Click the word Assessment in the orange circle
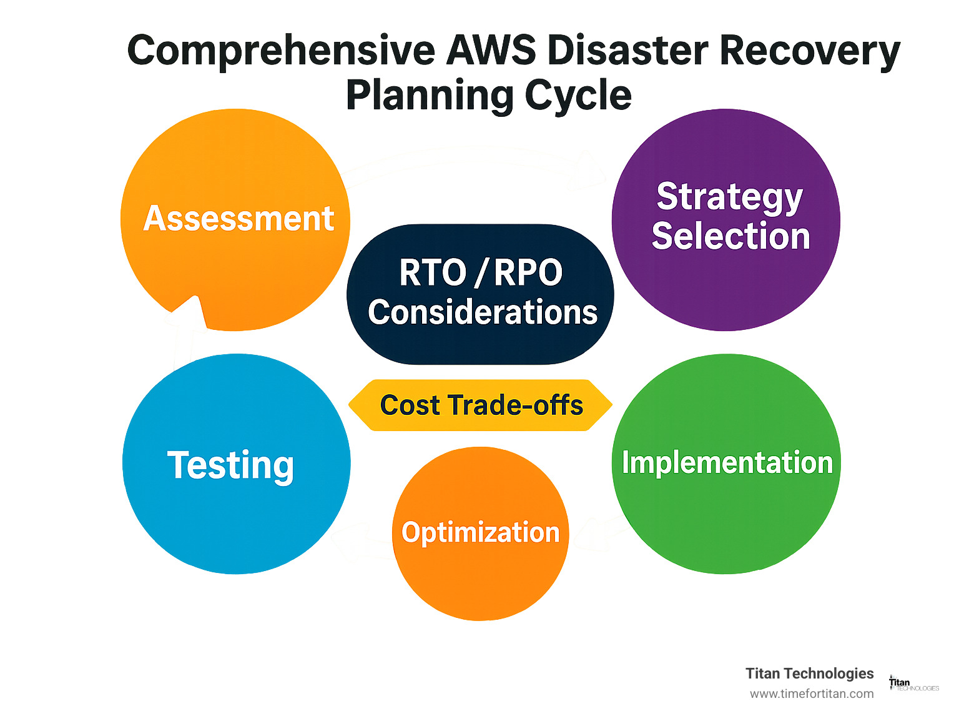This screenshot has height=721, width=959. point(239,219)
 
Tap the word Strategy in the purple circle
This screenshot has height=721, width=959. point(729,198)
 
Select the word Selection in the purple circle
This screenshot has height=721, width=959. point(730,236)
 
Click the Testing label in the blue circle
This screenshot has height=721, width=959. point(230,465)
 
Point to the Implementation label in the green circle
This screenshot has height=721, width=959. point(727,463)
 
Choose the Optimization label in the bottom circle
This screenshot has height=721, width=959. point(480,532)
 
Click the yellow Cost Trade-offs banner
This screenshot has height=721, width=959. point(481,405)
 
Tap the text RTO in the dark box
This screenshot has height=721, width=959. point(433,273)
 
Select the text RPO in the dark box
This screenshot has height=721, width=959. point(528,273)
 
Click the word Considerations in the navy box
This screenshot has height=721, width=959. point(482,312)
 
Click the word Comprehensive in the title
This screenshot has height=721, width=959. point(281,51)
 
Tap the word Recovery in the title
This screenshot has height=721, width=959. point(810,51)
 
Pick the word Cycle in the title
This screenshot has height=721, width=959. point(578,96)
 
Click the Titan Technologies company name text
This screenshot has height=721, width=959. point(809,674)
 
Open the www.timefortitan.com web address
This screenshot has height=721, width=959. point(812,694)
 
